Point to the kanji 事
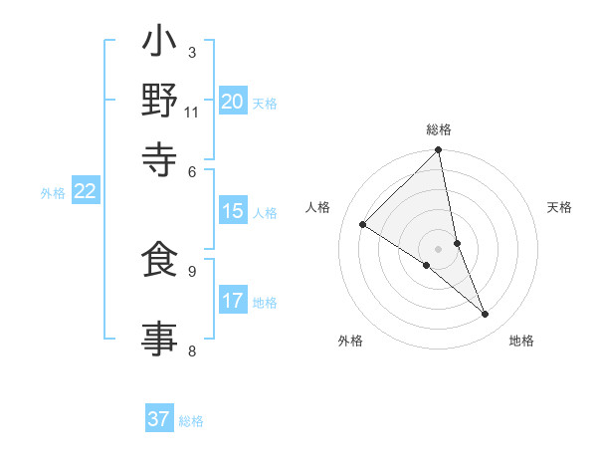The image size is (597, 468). (159, 337)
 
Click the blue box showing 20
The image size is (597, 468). (233, 102)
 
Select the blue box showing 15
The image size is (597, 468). (233, 211)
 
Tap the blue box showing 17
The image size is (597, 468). (233, 301)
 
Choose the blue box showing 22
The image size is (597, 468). (85, 192)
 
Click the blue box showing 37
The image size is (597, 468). (158, 419)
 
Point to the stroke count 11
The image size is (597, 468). (192, 112)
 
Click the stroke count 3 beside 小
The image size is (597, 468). (192, 52)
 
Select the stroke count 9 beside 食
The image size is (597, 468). (192, 270)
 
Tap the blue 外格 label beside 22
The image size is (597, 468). (53, 193)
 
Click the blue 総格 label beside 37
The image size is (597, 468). (191, 421)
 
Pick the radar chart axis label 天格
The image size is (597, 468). (560, 207)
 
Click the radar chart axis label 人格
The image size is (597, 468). (318, 207)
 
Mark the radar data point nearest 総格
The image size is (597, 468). (438, 150)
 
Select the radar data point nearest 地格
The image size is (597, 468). (486, 315)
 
